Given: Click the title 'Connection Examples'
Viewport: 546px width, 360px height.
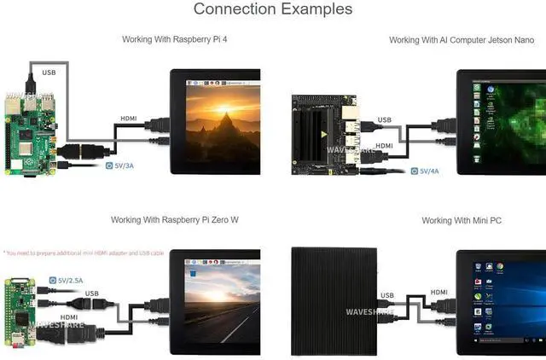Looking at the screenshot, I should point(273,9).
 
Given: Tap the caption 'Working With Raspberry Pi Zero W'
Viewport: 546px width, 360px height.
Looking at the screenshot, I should point(175,220).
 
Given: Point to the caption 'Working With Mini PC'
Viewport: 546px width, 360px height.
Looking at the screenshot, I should point(462,221).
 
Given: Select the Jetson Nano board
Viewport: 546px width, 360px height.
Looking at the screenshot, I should point(329,132).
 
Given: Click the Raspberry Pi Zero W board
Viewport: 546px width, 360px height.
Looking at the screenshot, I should point(19,306).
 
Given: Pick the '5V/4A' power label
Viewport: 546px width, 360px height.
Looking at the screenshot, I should point(429,171).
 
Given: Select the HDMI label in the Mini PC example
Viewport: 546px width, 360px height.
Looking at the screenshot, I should point(439,292).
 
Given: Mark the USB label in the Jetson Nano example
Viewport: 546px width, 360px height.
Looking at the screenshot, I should point(386,120).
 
